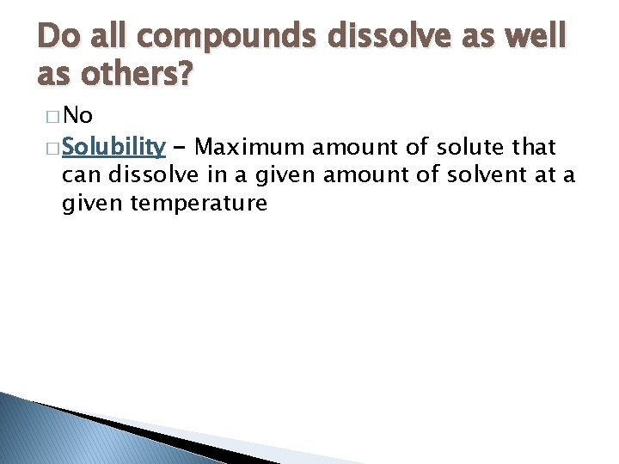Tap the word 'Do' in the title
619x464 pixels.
pos(57,36)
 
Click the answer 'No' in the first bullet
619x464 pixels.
pos(77,116)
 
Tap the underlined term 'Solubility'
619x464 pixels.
pos(113,148)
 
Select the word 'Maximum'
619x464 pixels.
pos(250,148)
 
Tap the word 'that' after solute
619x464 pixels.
pos(534,148)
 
